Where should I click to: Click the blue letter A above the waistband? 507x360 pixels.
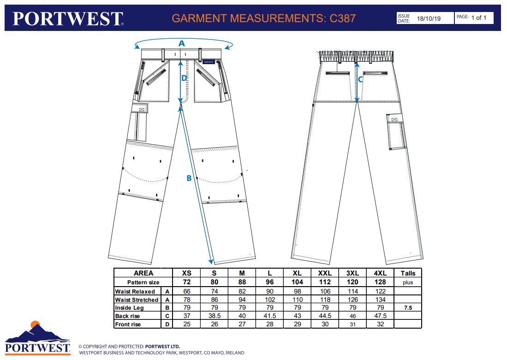[182, 43]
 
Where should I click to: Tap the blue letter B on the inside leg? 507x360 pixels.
[189, 178]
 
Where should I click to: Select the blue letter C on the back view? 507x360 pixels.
[361, 79]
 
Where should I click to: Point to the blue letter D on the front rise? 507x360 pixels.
[184, 78]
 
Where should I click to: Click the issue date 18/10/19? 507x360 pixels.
[429, 18]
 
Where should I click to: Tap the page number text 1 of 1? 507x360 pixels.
[478, 18]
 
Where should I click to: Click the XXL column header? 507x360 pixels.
[325, 273]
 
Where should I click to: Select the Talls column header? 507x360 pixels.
[408, 273]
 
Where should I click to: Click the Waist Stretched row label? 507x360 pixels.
[137, 300]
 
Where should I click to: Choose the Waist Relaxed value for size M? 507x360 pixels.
[242, 292]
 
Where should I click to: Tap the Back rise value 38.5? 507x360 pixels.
[214, 316]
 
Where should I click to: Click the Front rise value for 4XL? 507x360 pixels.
[381, 324]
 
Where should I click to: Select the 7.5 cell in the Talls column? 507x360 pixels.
[408, 308]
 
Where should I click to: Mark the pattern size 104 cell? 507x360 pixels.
[297, 282]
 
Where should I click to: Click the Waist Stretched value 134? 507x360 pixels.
[381, 300]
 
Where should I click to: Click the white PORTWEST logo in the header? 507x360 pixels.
[68, 18]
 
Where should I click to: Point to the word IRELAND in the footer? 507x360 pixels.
[234, 353]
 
